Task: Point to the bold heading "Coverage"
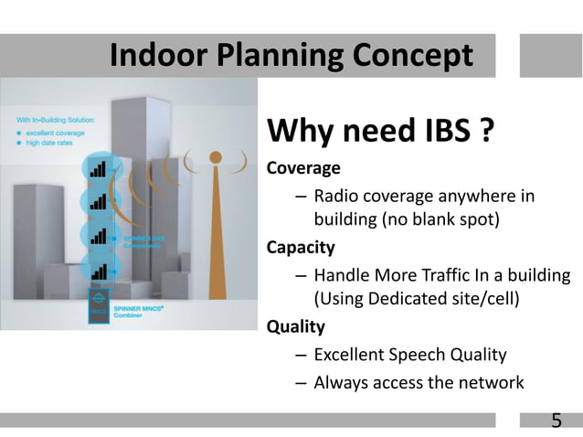302,169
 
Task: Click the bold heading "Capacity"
300,247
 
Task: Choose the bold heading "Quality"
294,325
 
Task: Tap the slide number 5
556,421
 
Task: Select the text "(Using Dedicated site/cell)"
416,298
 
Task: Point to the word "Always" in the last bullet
342,382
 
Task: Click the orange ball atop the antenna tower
215,156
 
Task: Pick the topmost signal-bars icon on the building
98,168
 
